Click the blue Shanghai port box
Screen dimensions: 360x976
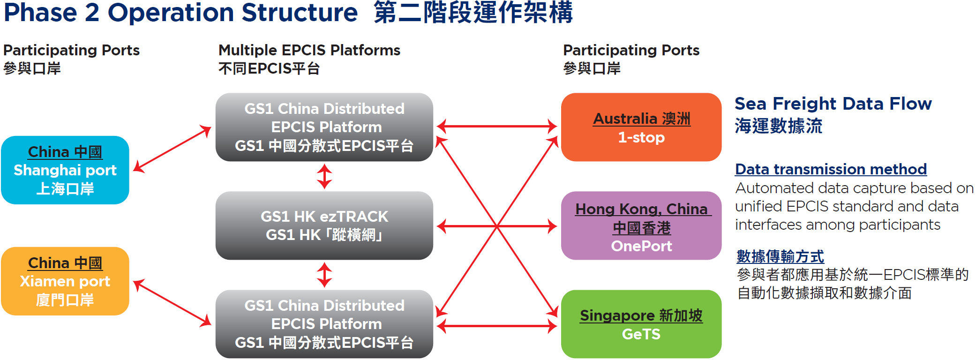[x=65, y=170]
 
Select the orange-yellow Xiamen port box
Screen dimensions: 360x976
[x=65, y=281]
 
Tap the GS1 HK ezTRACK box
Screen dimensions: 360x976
[x=324, y=225]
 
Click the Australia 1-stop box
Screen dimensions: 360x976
[x=641, y=127]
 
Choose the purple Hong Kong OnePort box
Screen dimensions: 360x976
[x=641, y=225]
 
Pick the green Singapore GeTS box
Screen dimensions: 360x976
[x=641, y=324]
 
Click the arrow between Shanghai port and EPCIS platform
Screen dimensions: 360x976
[x=173, y=149]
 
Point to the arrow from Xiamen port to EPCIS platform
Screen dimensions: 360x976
[x=173, y=303]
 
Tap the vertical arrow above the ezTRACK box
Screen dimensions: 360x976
[x=324, y=177]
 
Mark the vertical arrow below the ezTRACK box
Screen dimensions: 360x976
[x=324, y=275]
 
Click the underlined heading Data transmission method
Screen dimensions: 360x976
[x=831, y=169]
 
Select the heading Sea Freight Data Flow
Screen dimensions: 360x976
[x=833, y=104]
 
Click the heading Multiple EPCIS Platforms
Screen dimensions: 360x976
[x=309, y=50]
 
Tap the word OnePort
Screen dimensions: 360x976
[x=641, y=246]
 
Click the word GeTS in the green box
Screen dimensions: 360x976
[x=641, y=334]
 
